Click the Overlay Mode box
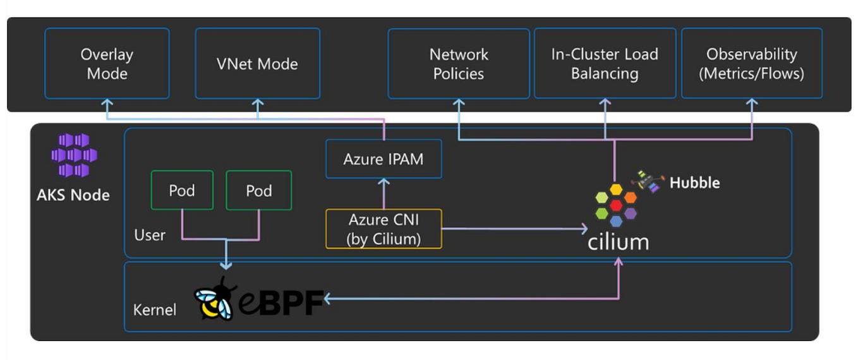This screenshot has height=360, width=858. [107, 63]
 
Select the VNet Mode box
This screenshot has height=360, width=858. [257, 63]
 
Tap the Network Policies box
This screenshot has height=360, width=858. [458, 63]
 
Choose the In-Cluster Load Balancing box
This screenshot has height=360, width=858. [605, 63]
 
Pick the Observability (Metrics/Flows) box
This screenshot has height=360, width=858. [751, 63]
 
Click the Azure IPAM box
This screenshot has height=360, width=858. [383, 159]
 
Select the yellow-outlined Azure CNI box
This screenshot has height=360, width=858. [383, 229]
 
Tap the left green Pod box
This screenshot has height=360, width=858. [182, 190]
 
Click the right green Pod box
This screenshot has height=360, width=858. [259, 190]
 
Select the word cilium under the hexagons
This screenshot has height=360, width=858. [618, 241]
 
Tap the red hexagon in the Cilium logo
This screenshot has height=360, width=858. [616, 205]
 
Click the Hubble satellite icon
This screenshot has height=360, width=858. [648, 181]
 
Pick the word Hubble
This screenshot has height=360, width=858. [694, 183]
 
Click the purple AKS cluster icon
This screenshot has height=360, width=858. [73, 155]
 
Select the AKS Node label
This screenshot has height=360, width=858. [73, 195]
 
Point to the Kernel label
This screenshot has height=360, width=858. [154, 310]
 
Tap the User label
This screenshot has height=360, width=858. [150, 236]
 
